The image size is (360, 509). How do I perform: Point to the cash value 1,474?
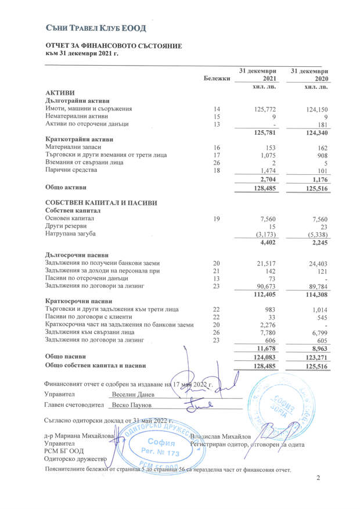click(x=265, y=170)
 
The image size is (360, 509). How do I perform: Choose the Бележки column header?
click(x=217, y=78)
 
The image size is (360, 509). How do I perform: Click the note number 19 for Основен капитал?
click(x=217, y=218)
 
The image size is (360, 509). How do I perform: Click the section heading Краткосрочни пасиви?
click(x=78, y=301)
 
